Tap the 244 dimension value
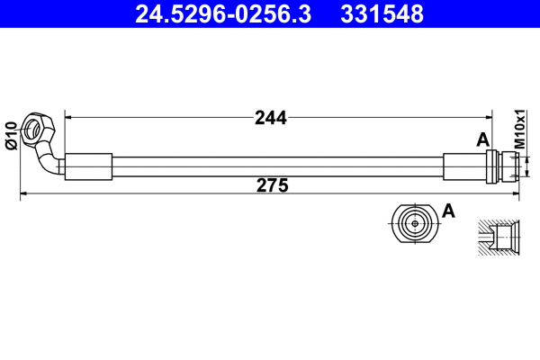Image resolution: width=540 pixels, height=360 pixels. pyautogui.click(x=270, y=117)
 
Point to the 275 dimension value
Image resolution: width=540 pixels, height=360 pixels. pyautogui.click(x=271, y=185)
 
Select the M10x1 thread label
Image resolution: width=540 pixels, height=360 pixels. pyautogui.click(x=519, y=130)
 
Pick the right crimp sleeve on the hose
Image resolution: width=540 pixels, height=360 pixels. pyautogui.click(x=464, y=167)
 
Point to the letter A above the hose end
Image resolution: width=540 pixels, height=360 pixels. pyautogui.click(x=482, y=139)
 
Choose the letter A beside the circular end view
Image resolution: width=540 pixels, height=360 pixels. pyautogui.click(x=449, y=211)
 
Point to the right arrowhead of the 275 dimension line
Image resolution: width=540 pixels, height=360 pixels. pyautogui.click(x=517, y=193)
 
